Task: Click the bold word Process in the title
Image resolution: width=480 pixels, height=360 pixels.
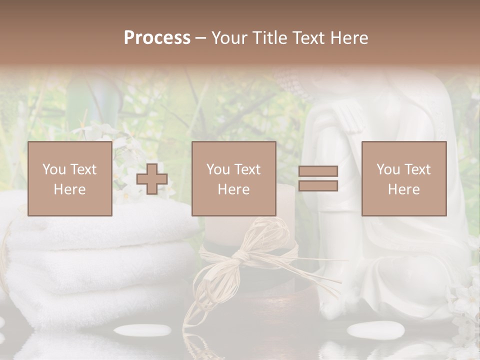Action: [x=157, y=38]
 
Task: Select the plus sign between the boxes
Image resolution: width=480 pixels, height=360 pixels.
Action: [x=152, y=179]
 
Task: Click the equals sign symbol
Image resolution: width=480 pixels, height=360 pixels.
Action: [x=318, y=178]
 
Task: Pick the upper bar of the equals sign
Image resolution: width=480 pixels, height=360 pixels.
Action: [x=318, y=171]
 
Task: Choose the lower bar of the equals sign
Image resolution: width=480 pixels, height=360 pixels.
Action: [x=318, y=186]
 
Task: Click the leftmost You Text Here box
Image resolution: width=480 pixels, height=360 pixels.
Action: [x=69, y=178]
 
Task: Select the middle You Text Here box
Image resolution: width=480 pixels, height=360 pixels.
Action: [x=233, y=178]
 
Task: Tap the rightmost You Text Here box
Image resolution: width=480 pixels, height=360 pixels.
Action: [x=403, y=178]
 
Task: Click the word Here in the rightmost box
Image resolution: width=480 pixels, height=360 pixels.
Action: [x=403, y=189]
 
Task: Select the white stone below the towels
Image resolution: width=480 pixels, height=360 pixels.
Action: [x=142, y=330]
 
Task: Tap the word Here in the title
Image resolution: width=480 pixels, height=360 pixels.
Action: [x=349, y=38]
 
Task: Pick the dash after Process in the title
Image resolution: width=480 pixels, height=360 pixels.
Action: [x=200, y=38]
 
